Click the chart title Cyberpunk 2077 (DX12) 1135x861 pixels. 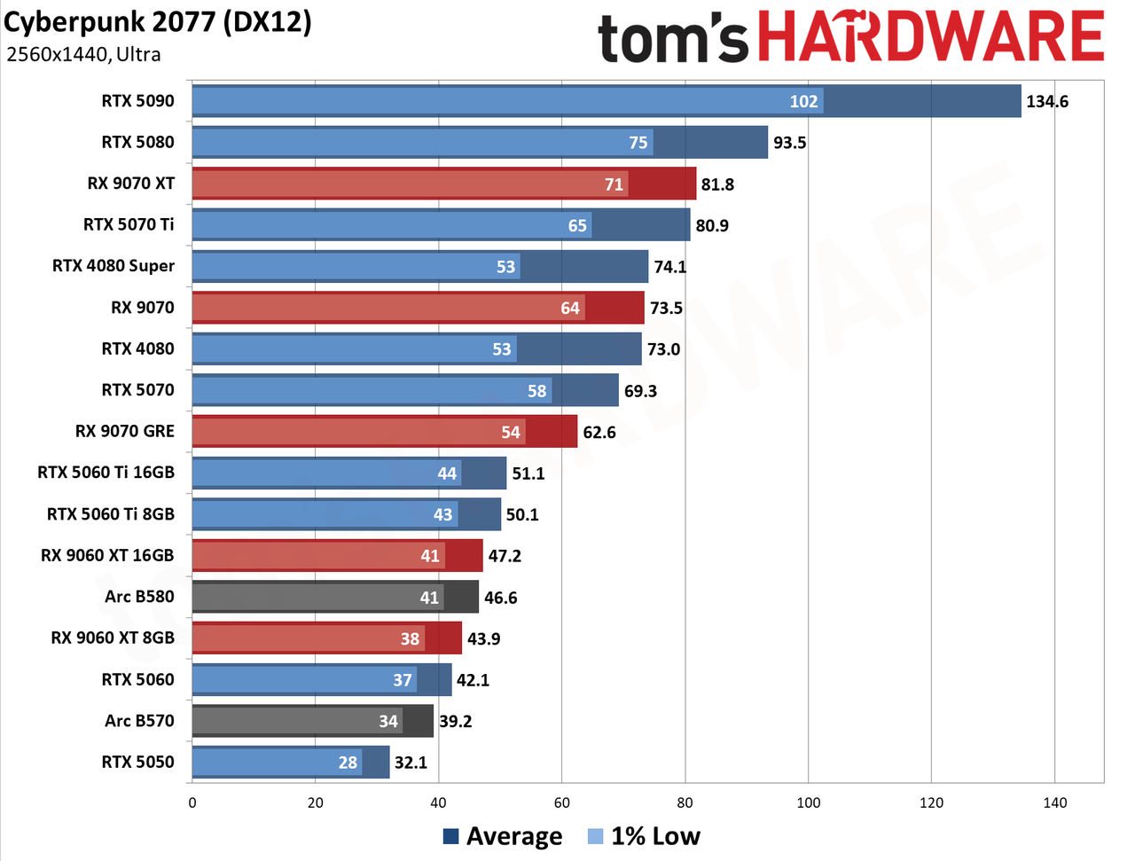pos(157,23)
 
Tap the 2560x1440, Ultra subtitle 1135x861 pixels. pos(83,54)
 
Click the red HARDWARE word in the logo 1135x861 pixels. pos(932,36)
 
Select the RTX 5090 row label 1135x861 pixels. pos(137,101)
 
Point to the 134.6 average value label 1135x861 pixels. pos(1046,101)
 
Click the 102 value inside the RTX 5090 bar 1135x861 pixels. pos(803,101)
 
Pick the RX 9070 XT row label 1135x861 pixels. pos(131,184)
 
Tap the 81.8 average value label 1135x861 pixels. pos(717,184)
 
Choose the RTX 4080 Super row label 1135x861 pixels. pos(113,266)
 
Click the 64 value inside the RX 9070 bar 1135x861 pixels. pos(570,309)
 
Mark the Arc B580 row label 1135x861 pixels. pos(139,597)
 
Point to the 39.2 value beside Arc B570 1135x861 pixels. pos(455,721)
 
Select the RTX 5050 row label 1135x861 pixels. pos(137,762)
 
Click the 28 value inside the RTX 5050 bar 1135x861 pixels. pos(348,763)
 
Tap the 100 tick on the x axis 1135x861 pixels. pos(808,802)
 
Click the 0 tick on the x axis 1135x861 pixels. pos(192,802)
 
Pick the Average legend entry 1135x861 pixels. pos(503,836)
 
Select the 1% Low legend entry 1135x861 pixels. pos(644,836)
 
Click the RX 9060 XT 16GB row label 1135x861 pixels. pos(107,555)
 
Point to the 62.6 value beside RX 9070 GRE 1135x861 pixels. pos(599,432)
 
